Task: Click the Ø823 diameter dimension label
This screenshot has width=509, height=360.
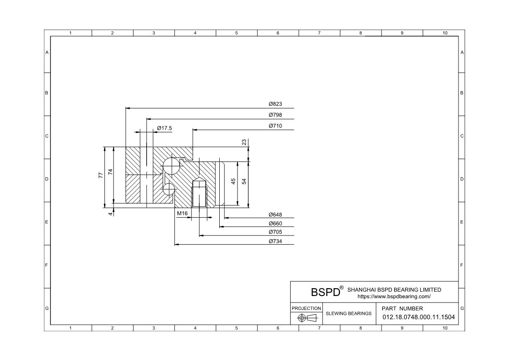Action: pos(275,104)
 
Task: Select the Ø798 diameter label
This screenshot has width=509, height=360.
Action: pos(275,114)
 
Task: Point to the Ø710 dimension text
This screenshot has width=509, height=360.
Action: pos(275,126)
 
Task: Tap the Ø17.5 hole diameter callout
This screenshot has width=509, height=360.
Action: pos(164,128)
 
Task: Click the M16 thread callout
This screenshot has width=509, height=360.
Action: pos(182,213)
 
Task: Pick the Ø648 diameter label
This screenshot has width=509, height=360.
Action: pos(275,215)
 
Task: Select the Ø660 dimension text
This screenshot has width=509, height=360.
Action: pos(275,223)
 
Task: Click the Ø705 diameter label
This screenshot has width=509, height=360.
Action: pos(275,232)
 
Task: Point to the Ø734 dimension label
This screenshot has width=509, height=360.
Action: pos(275,241)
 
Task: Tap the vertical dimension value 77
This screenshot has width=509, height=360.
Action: pos(100,175)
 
